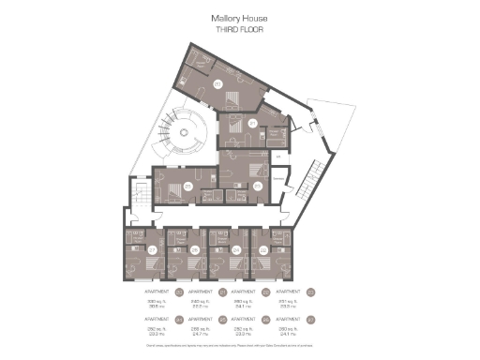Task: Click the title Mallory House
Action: [x=239, y=17]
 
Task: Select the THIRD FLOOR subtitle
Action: [x=239, y=28]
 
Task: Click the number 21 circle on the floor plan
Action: [x=252, y=123]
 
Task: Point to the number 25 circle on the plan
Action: [x=188, y=187]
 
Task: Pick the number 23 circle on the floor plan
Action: [x=258, y=187]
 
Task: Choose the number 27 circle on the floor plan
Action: [x=152, y=249]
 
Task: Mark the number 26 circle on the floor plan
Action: [x=194, y=249]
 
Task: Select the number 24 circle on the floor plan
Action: [x=236, y=249]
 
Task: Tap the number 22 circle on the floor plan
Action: [x=263, y=249]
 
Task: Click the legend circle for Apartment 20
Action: [x=178, y=292]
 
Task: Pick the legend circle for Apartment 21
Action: [x=222, y=292]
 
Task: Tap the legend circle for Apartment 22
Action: [x=265, y=292]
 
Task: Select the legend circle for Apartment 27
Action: [x=308, y=319]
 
